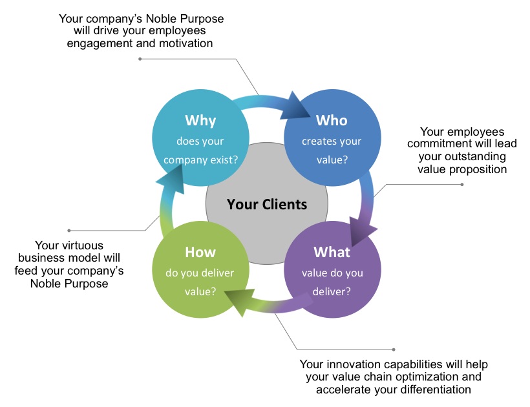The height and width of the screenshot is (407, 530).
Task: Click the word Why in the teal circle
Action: coord(200,120)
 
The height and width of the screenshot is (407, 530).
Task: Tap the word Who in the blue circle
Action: coord(332,120)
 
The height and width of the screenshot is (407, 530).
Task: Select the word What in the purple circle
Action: coord(332,252)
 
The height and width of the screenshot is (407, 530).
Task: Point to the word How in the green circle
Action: coord(200,252)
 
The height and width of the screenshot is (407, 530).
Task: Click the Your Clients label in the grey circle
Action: coord(267,205)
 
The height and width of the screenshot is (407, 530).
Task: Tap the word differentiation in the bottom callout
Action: coord(429,390)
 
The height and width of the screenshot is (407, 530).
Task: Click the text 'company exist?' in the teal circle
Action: coord(200,158)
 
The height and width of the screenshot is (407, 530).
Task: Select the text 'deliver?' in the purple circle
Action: coord(332,291)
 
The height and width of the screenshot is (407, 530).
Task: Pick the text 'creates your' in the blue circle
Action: coord(332,141)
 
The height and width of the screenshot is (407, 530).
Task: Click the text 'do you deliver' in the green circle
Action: coord(200,273)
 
